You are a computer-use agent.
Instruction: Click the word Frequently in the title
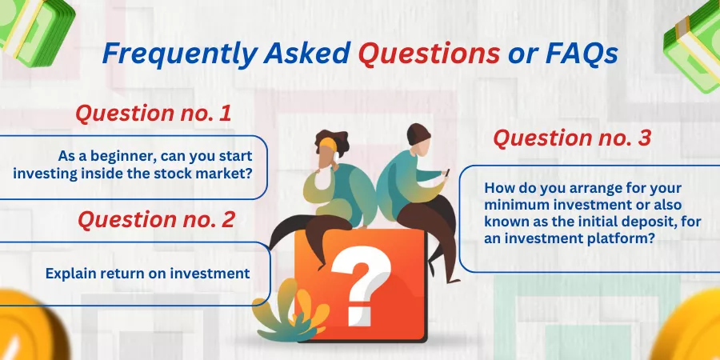[179, 54]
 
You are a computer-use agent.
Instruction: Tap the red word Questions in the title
[429, 53]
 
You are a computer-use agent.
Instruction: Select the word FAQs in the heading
[582, 53]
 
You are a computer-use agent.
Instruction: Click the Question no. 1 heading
[154, 114]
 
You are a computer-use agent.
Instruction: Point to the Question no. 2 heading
[157, 219]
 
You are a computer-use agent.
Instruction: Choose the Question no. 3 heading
[572, 138]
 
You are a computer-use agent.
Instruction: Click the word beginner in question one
[120, 157]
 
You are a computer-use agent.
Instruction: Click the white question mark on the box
[362, 285]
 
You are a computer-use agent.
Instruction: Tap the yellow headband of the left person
[328, 144]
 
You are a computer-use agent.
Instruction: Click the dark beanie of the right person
[418, 133]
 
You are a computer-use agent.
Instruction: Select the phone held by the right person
[446, 173]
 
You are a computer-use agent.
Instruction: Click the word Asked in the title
[307, 53]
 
